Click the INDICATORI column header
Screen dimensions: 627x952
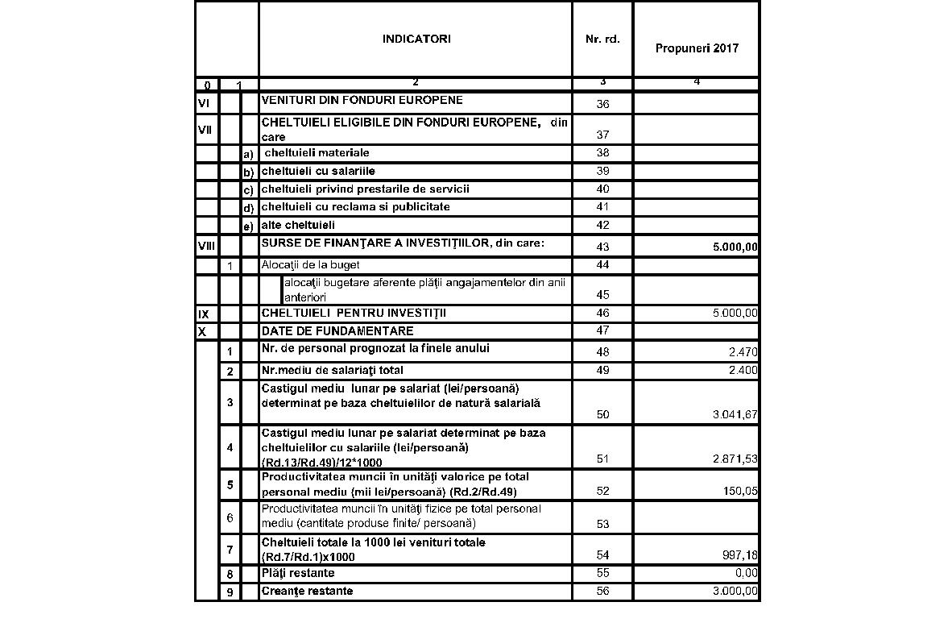point(416,39)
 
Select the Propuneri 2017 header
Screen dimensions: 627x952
point(697,48)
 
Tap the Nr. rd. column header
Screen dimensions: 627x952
point(602,39)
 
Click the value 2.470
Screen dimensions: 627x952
point(743,352)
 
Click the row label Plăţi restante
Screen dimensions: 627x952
point(298,573)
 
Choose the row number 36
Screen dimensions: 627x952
point(602,104)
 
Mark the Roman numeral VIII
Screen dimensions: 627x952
point(207,247)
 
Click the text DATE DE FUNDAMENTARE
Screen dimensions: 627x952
point(337,331)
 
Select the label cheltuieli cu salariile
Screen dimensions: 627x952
point(318,171)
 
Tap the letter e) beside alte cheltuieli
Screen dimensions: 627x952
point(248,226)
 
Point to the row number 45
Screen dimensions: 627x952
point(602,295)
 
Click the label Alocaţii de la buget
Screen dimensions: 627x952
point(310,264)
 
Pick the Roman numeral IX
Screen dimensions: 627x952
point(204,313)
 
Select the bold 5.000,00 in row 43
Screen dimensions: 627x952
point(735,247)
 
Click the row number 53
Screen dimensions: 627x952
point(602,525)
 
